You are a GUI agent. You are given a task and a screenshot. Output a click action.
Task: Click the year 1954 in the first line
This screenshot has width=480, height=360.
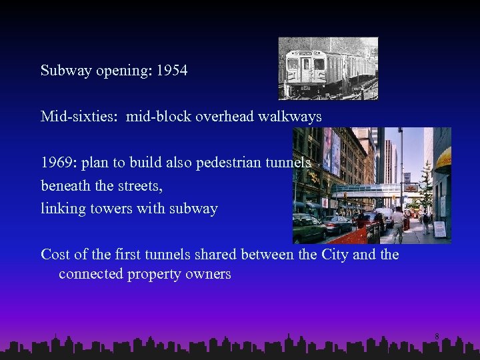pyautogui.click(x=172, y=70)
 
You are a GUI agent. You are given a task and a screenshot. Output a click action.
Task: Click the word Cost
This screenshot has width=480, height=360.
pyautogui.click(x=56, y=255)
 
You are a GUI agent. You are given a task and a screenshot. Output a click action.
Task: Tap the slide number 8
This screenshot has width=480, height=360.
pyautogui.click(x=437, y=337)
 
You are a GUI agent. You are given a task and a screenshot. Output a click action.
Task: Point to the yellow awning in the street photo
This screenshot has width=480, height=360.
pyautogui.click(x=444, y=159)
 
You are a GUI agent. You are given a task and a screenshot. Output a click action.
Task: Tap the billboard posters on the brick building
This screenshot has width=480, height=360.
pyautogui.click(x=332, y=152)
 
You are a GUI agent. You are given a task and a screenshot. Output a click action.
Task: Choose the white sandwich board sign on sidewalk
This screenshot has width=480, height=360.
pyautogui.click(x=440, y=229)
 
